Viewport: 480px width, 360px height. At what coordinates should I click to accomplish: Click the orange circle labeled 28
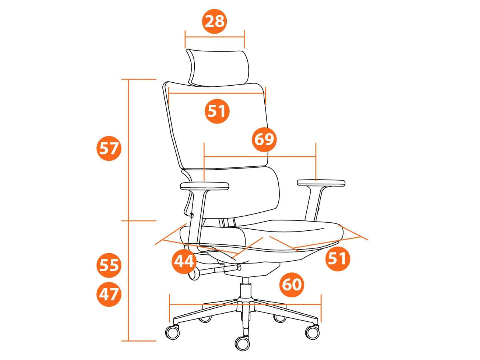[214, 22]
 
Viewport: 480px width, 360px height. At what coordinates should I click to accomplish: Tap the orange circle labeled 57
[109, 148]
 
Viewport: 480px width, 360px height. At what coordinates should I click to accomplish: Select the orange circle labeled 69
[264, 140]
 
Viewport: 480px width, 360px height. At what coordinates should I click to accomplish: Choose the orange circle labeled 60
[292, 284]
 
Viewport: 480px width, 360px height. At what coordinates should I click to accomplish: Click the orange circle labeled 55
[109, 265]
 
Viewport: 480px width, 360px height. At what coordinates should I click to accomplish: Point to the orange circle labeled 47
[109, 294]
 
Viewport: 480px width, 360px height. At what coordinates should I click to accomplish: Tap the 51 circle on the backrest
[217, 111]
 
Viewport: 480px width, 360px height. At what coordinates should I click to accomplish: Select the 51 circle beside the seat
[338, 259]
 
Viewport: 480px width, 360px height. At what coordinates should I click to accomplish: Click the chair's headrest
[218, 68]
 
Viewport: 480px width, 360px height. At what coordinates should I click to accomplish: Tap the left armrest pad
[205, 186]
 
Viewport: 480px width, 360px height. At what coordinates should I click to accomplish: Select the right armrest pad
[321, 183]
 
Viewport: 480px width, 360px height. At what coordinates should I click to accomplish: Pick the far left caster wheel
[172, 332]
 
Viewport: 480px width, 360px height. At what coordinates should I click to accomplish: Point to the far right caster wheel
[312, 332]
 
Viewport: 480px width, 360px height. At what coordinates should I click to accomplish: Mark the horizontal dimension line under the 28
[215, 37]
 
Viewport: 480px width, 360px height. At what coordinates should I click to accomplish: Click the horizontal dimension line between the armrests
[260, 157]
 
